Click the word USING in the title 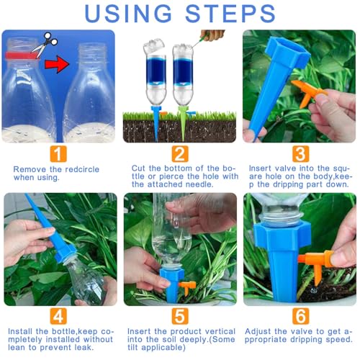click(x=128, y=14)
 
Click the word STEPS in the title click(x=230, y=14)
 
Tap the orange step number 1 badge click(x=58, y=154)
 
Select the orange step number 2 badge click(x=180, y=154)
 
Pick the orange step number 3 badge click(x=301, y=154)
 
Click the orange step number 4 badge click(x=58, y=316)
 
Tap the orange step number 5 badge click(x=180, y=316)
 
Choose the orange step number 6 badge click(x=301, y=316)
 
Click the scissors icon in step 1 click(x=45, y=45)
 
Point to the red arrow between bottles click(x=57, y=64)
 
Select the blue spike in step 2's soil click(x=156, y=123)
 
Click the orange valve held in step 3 click(x=308, y=92)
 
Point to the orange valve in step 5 click(x=187, y=287)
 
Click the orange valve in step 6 click(x=317, y=265)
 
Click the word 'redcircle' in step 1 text click(x=82, y=169)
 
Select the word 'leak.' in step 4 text click(x=84, y=347)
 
